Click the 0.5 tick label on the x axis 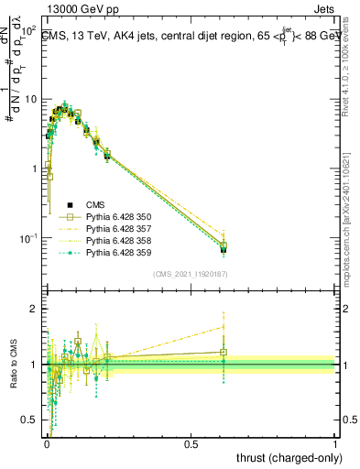191,443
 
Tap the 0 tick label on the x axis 47,443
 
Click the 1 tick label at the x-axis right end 335,443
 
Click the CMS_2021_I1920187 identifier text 191,273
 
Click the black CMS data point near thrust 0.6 224,249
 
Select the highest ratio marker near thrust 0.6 224,326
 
